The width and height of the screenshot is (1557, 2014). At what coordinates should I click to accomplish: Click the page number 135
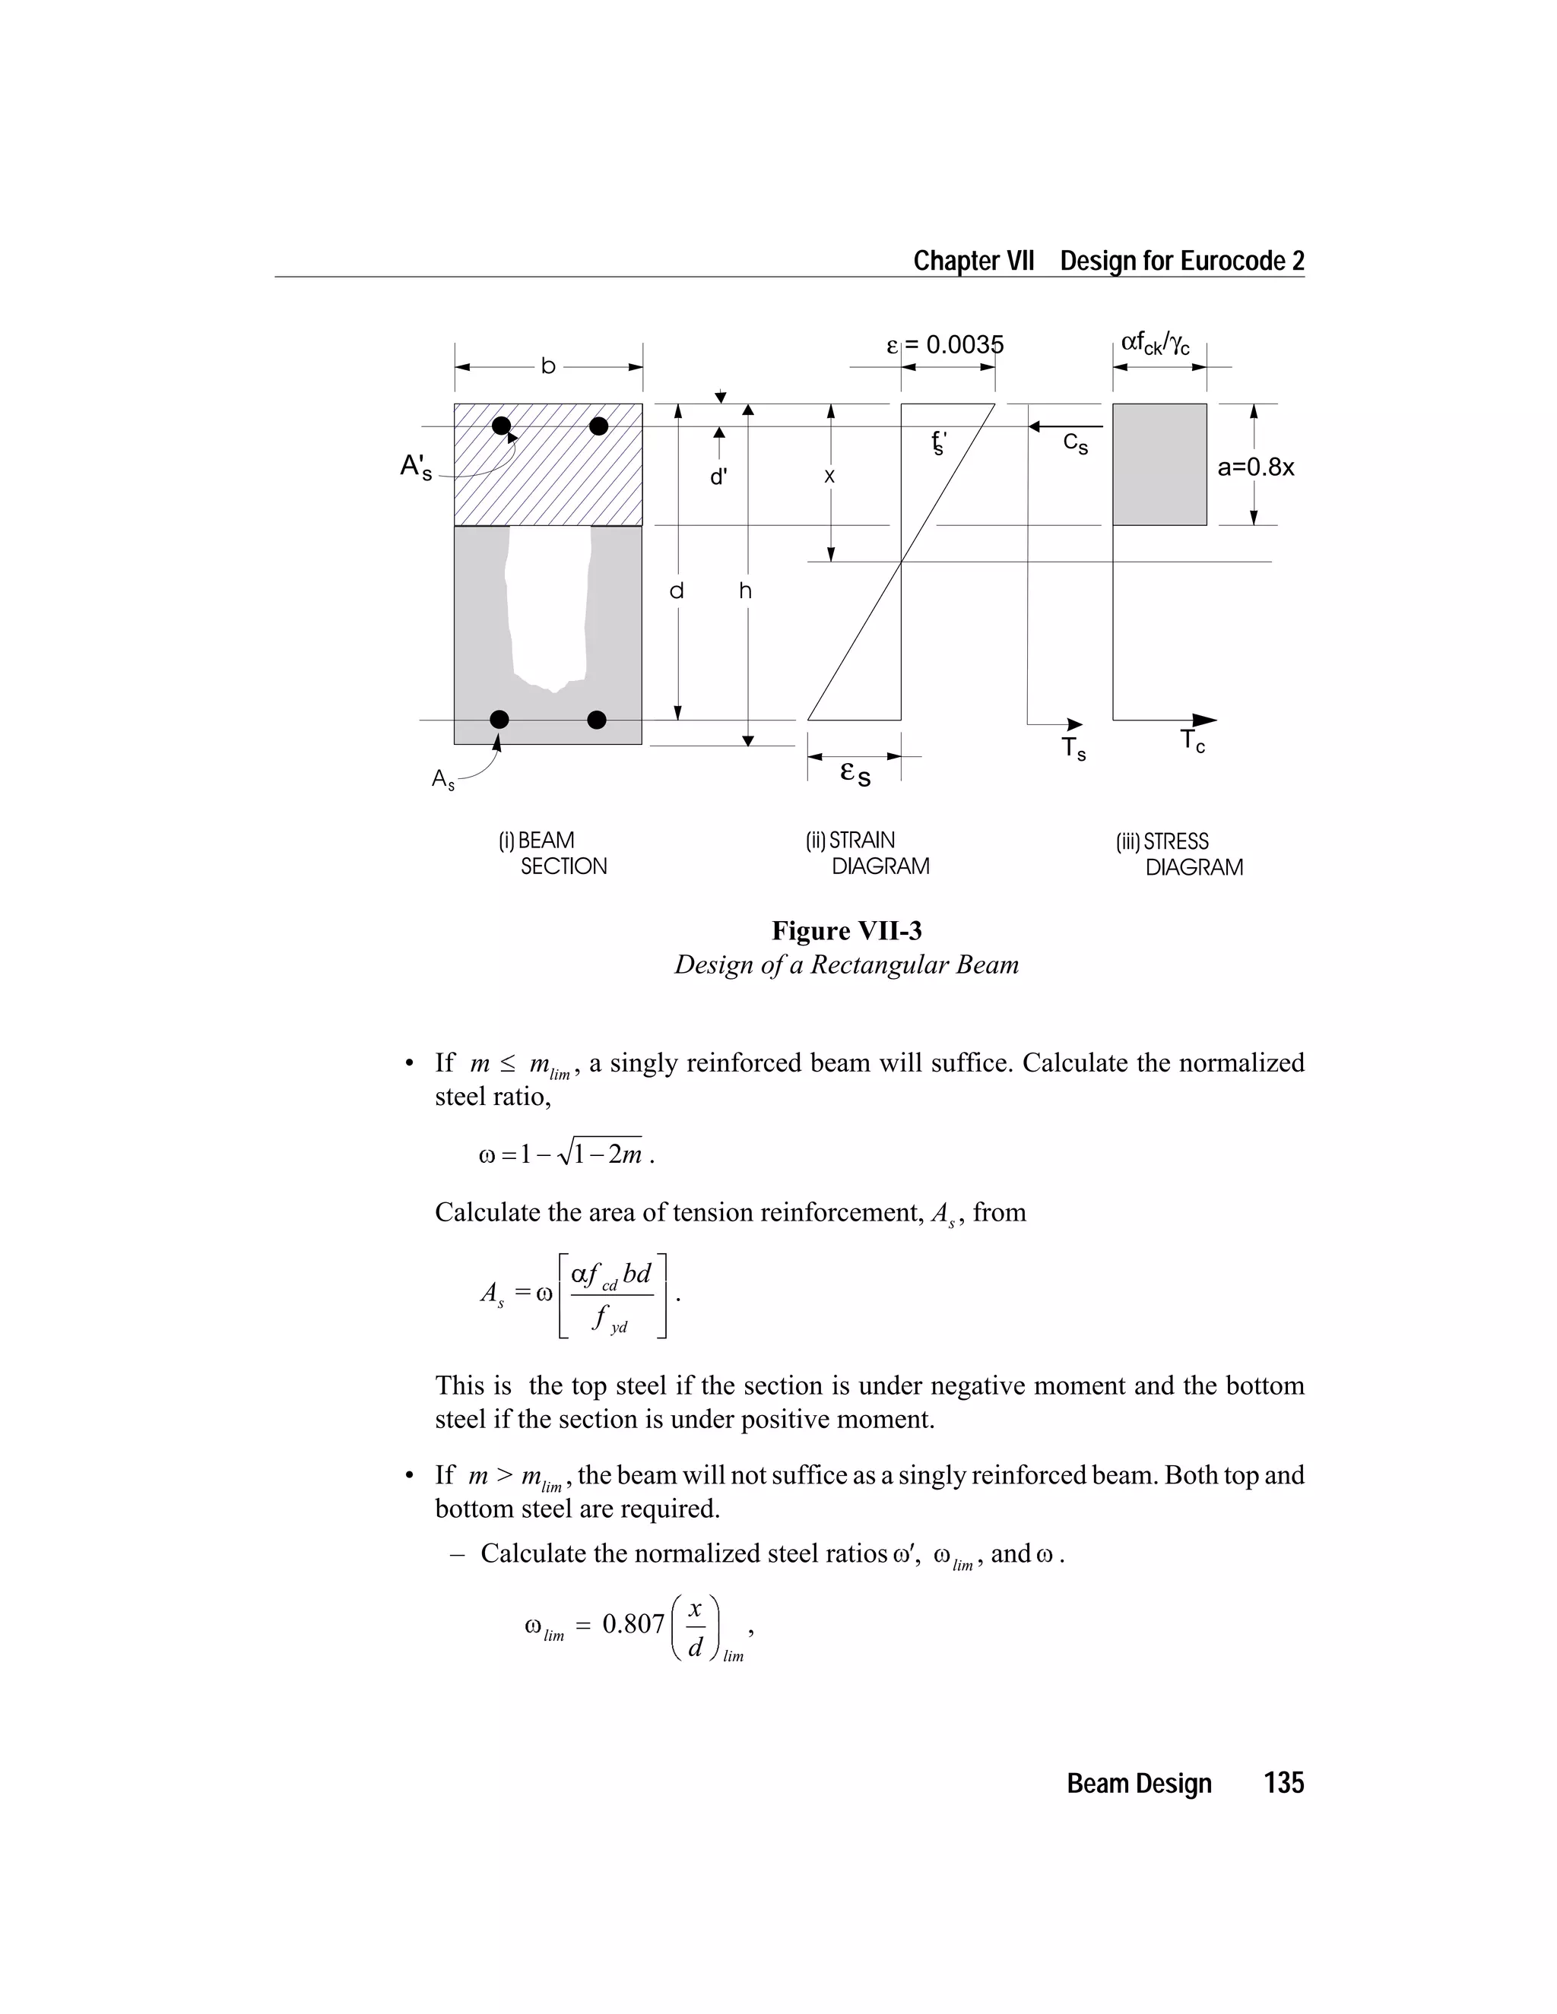pyautogui.click(x=1283, y=1784)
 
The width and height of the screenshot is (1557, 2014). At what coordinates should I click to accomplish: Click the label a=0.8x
pyautogui.click(x=1255, y=467)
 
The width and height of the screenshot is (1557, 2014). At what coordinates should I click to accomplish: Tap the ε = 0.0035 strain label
pyautogui.click(x=944, y=345)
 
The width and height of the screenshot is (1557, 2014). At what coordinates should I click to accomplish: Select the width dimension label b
pyautogui.click(x=548, y=367)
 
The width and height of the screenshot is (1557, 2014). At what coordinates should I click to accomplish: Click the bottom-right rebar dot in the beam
pyautogui.click(x=597, y=719)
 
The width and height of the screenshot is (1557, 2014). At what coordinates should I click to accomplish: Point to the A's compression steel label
pyautogui.click(x=416, y=467)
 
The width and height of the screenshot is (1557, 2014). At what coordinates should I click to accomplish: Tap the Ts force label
pyautogui.click(x=1073, y=748)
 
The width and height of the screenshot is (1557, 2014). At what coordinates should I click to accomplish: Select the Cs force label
pyautogui.click(x=1076, y=444)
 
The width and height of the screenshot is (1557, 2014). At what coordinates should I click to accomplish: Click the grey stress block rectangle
pyautogui.click(x=1159, y=465)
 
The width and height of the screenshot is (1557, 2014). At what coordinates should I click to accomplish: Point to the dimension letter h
pyautogui.click(x=745, y=591)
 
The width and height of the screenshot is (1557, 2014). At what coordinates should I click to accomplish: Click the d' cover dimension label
pyautogui.click(x=718, y=477)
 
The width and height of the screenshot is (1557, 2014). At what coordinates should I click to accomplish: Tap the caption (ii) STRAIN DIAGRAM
pyautogui.click(x=866, y=853)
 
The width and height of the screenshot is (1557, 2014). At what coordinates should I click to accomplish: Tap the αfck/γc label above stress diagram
pyautogui.click(x=1155, y=344)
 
